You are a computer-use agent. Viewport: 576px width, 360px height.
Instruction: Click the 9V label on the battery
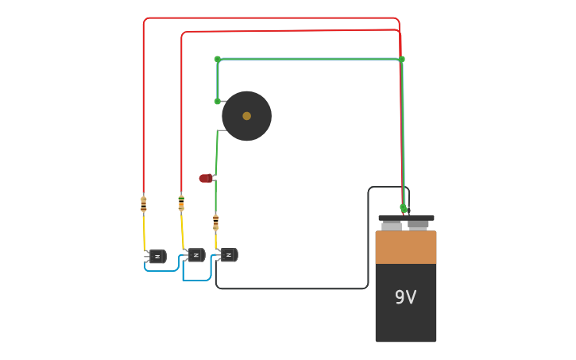(405, 297)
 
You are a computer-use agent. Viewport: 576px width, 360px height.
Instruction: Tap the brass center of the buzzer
(246, 116)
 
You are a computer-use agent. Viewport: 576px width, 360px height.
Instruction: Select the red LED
(205, 178)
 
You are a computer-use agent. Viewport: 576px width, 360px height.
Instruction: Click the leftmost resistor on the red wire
(144, 204)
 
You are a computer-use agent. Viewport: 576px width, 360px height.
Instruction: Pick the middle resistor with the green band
(181, 203)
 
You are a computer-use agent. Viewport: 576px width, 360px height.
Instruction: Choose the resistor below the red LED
(215, 222)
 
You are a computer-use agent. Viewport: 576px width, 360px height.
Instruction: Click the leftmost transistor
(157, 256)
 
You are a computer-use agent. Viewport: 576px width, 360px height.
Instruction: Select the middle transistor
(195, 255)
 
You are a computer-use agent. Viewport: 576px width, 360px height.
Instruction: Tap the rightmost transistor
(229, 255)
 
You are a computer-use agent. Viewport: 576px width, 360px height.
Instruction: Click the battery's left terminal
(392, 224)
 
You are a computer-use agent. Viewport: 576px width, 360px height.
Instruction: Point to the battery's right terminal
(419, 224)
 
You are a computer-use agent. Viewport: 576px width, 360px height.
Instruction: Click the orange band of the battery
(405, 247)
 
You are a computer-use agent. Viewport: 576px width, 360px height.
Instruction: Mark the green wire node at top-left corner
(218, 59)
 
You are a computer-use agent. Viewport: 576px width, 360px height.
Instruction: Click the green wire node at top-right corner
(401, 59)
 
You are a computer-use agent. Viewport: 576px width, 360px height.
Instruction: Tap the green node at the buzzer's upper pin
(218, 101)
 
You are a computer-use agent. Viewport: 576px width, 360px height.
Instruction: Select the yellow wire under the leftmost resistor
(145, 232)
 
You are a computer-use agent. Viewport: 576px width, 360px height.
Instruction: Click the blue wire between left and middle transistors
(163, 270)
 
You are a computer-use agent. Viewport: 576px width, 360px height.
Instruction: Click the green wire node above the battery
(404, 208)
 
